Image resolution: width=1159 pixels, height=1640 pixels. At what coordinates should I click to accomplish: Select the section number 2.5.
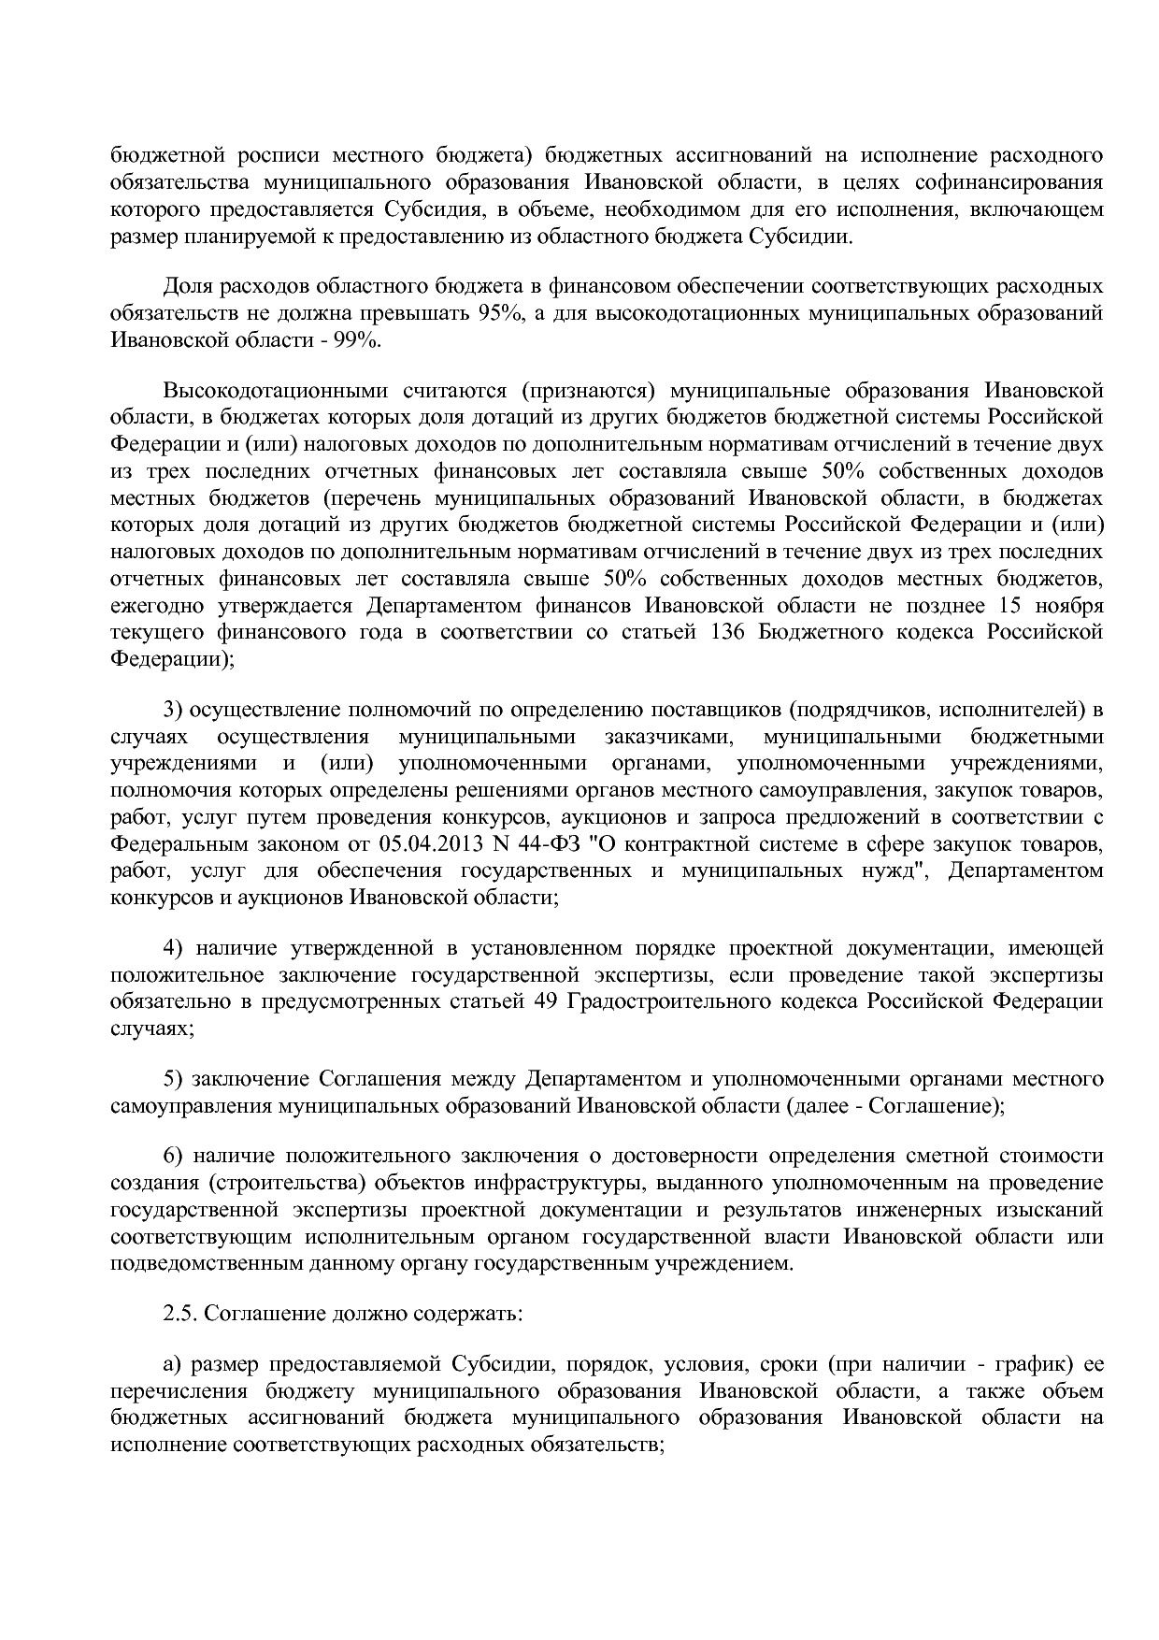click(180, 1313)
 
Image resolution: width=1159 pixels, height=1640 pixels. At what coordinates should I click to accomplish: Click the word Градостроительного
click(667, 1002)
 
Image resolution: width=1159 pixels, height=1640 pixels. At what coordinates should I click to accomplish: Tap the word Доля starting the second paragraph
click(190, 286)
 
